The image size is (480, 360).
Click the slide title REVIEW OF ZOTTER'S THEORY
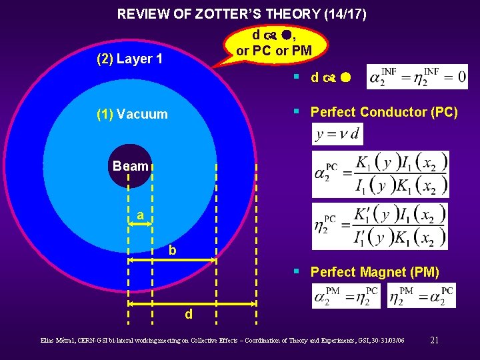click(241, 13)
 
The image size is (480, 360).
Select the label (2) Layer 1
click(129, 59)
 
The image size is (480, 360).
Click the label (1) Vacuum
click(132, 114)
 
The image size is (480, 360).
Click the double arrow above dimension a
click(140, 225)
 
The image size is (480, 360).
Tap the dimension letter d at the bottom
click(189, 313)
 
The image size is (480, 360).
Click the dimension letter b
click(173, 251)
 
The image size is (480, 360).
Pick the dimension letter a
click(140, 215)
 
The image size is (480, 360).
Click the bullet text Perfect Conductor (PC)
click(384, 112)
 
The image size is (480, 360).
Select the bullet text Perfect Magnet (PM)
click(375, 272)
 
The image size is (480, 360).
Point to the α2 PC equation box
click(380, 174)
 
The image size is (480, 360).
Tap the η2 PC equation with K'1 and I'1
click(379, 226)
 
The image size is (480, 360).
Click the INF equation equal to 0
click(417, 77)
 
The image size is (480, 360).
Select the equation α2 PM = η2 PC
click(346, 295)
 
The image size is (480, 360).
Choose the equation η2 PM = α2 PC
click(421, 295)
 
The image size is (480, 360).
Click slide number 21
click(434, 340)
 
